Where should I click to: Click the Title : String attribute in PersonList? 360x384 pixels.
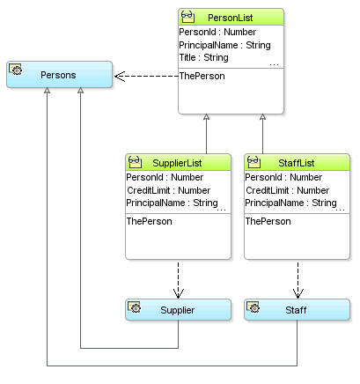point(203,57)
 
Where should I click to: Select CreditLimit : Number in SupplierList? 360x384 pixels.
point(168,190)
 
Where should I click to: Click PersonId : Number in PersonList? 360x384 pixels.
point(217,33)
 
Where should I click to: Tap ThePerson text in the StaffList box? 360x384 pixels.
point(268,221)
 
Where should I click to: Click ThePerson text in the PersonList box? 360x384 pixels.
point(202,76)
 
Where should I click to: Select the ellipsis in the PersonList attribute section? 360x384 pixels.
point(274,63)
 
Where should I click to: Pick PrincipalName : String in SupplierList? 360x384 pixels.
point(172,203)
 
